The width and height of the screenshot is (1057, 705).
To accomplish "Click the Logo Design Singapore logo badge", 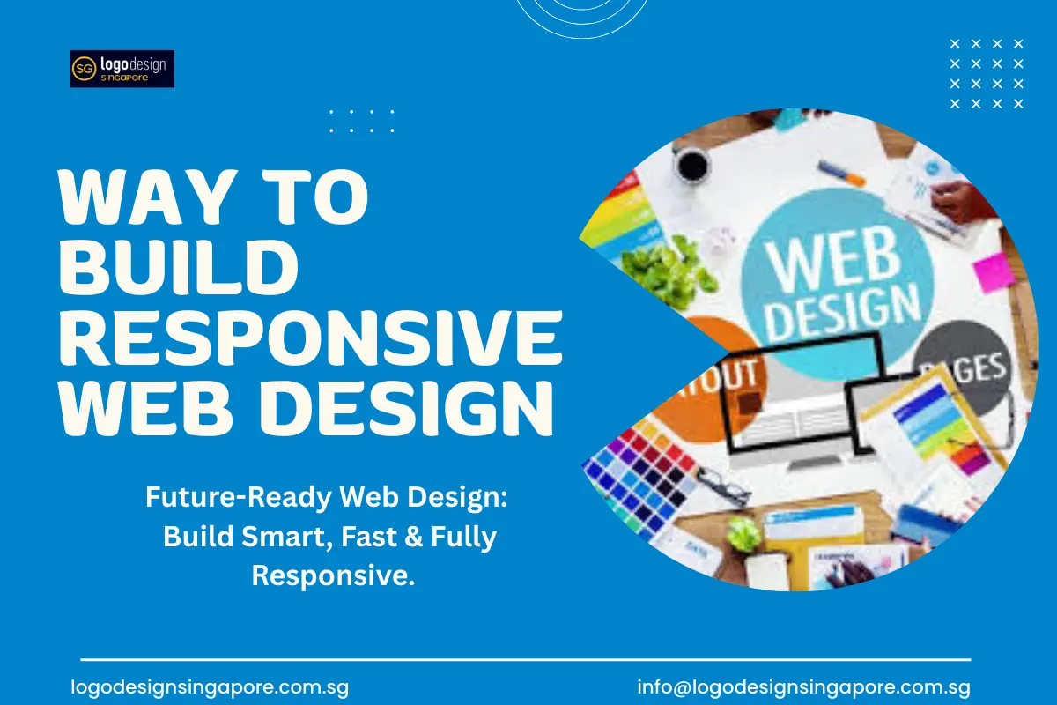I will (122, 69).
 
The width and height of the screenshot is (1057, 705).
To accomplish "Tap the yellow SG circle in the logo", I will (85, 69).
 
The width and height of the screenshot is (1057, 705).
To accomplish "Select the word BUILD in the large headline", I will (175, 269).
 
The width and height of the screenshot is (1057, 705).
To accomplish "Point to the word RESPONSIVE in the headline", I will (308, 339).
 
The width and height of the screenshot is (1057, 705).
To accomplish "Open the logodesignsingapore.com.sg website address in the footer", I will (210, 687).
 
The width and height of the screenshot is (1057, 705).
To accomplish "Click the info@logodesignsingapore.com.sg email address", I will (804, 687).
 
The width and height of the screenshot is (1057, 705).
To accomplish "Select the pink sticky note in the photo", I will (994, 271).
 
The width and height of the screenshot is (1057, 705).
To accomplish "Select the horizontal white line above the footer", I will (525, 659).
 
